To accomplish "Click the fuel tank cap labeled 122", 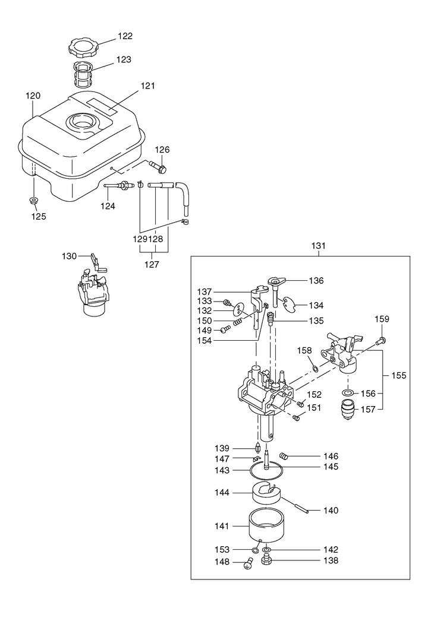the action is click(83, 47).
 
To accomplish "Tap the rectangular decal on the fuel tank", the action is click(102, 106).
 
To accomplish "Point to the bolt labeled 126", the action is click(158, 167).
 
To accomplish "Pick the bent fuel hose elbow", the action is click(183, 198).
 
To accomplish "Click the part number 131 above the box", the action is click(319, 246).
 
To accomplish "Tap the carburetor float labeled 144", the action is click(265, 493).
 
